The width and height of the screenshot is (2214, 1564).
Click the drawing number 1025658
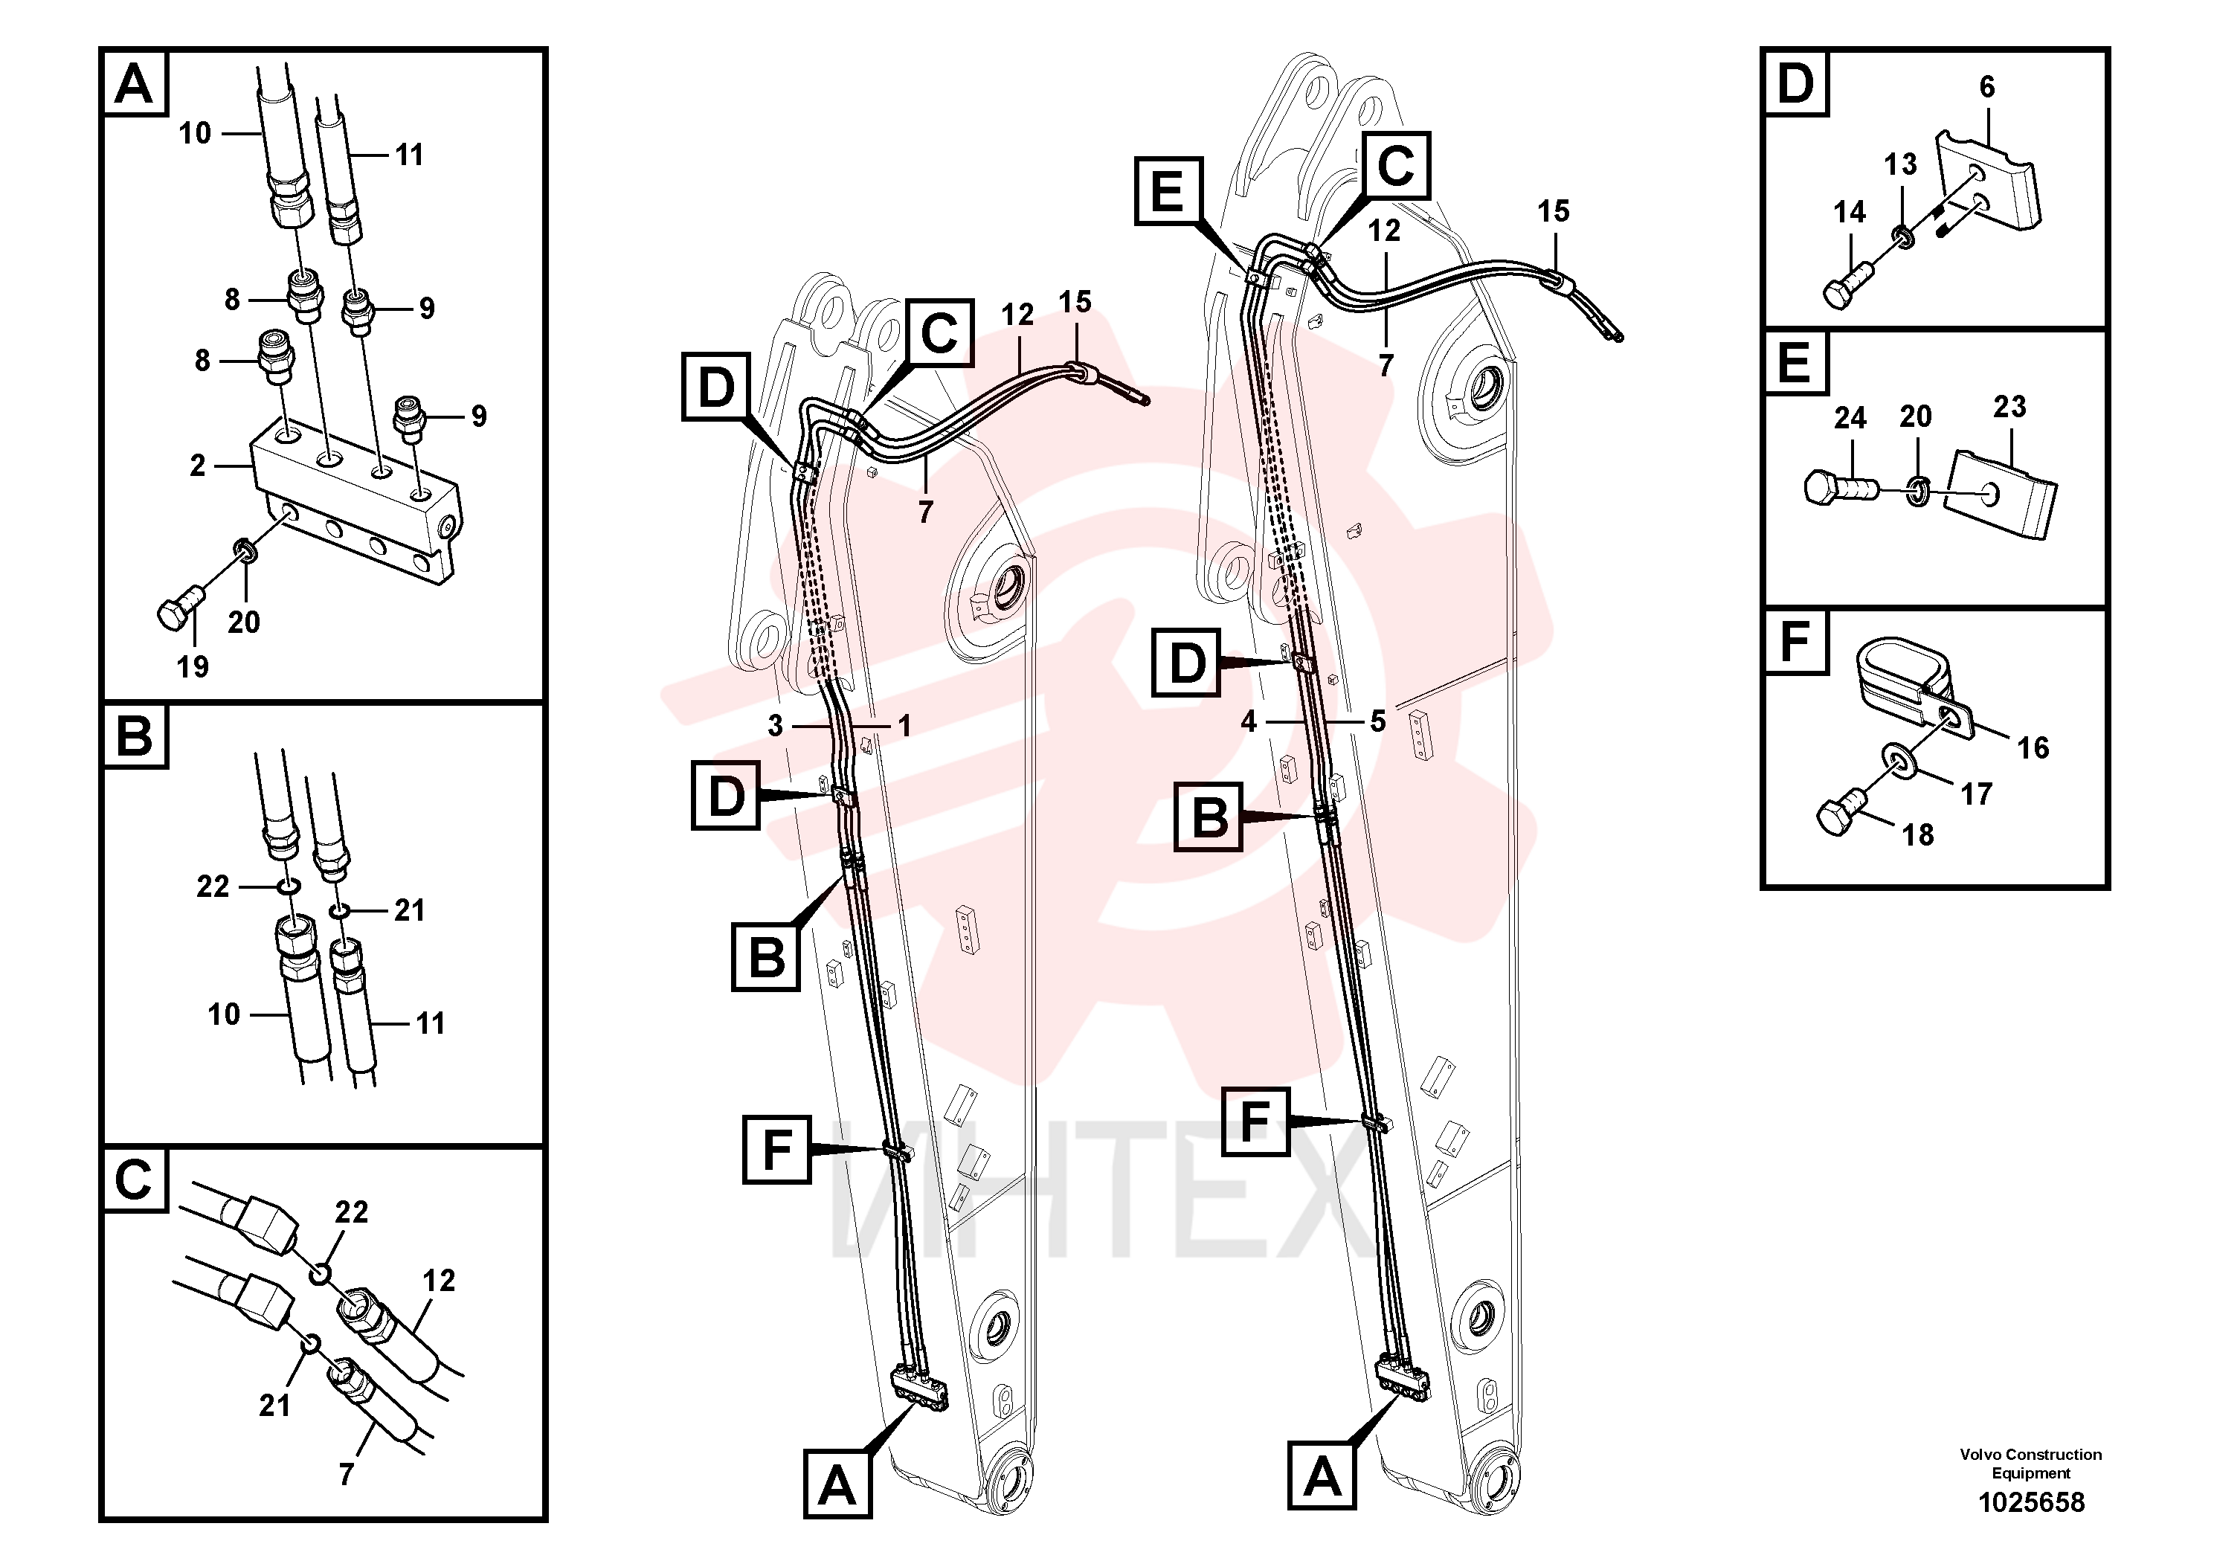pyautogui.click(x=2031, y=1502)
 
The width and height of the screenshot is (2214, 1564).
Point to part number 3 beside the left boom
pyautogui.click(x=775, y=726)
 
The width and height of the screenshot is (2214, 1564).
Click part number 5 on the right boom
pyautogui.click(x=1378, y=721)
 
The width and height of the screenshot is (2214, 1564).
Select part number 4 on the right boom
pyautogui.click(x=1249, y=721)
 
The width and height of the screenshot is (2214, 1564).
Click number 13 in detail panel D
pyautogui.click(x=1901, y=165)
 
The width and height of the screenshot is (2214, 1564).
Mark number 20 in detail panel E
pyautogui.click(x=1916, y=416)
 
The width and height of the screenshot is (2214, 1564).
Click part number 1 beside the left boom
pyautogui.click(x=904, y=726)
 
